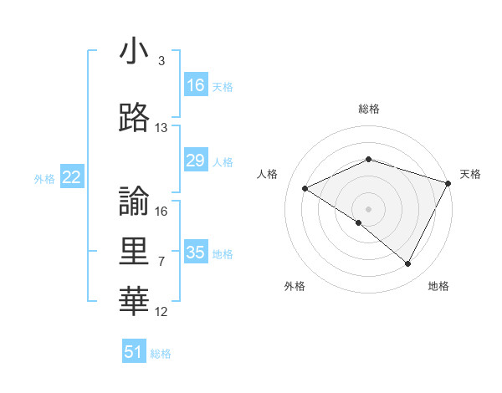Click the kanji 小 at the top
pyautogui.click(x=134, y=53)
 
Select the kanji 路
pyautogui.click(x=134, y=119)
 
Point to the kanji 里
pyautogui.click(x=134, y=251)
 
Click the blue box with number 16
pyautogui.click(x=196, y=85)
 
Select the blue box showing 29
pyautogui.click(x=196, y=161)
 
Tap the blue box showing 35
pyautogui.click(x=196, y=253)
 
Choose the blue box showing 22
pyautogui.click(x=72, y=177)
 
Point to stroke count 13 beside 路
pyautogui.click(x=161, y=128)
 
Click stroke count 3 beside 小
pyautogui.click(x=161, y=61)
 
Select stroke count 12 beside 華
pyautogui.click(x=161, y=312)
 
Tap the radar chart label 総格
pyautogui.click(x=369, y=109)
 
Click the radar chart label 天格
pyautogui.click(x=470, y=174)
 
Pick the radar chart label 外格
pyautogui.click(x=295, y=287)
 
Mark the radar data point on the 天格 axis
pyautogui.click(x=449, y=182)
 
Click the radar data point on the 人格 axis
pyautogui.click(x=305, y=189)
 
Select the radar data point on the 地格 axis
pyautogui.click(x=408, y=264)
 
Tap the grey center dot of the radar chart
pyautogui.click(x=369, y=208)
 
